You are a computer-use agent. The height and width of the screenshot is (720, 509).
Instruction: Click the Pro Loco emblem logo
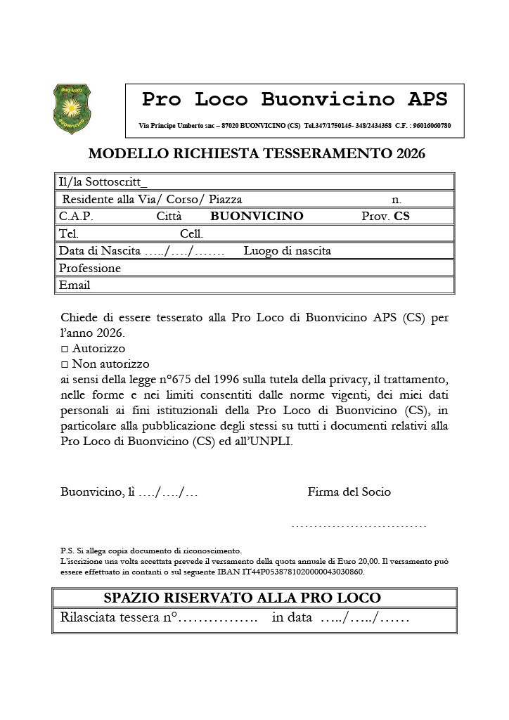point(72,108)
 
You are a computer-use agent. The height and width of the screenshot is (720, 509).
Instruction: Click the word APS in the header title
point(427,99)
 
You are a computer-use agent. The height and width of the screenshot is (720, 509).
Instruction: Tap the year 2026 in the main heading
point(411,153)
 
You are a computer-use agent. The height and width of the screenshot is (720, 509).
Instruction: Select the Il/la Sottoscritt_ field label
point(103,182)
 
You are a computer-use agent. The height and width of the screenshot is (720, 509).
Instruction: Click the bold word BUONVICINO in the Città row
point(257,217)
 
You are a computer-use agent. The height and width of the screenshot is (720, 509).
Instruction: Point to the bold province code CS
point(401,217)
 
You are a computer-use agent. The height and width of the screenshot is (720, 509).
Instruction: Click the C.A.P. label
point(76,217)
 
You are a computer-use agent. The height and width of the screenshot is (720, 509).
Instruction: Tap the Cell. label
point(191,233)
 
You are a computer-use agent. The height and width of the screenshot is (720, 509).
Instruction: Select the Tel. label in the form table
point(69,233)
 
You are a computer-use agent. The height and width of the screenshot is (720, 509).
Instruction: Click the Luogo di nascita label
point(287,251)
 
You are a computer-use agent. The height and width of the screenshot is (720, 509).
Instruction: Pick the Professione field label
point(90,268)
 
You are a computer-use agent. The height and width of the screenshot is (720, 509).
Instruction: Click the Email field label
point(75,285)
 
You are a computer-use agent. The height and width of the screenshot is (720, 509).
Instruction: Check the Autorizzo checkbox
point(65,349)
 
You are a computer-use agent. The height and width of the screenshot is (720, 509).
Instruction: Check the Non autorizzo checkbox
point(65,364)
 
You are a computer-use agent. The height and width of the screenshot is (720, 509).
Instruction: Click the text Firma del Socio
point(349,492)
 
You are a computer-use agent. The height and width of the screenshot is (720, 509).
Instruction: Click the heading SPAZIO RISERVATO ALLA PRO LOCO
point(242,598)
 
